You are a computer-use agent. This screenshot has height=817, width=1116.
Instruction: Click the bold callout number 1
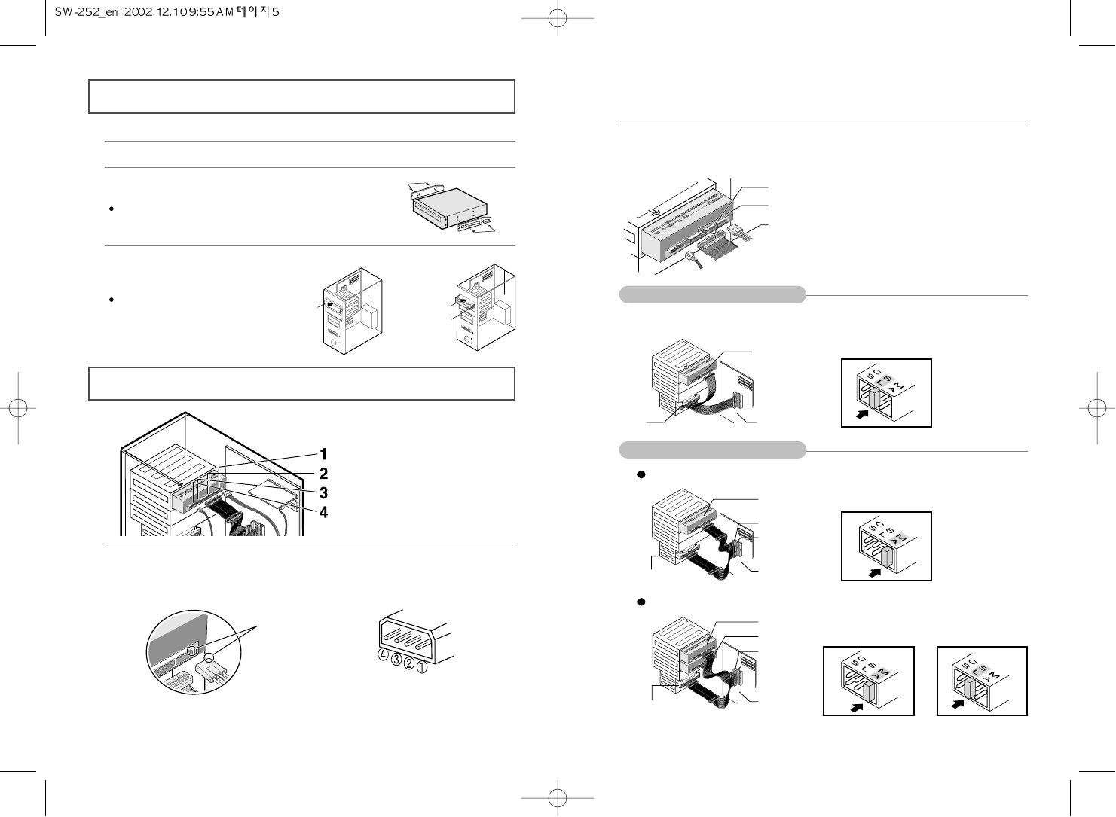[323, 454]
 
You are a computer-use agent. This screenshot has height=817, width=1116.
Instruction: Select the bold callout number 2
[323, 474]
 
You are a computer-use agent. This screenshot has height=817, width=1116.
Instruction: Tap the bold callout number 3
[323, 493]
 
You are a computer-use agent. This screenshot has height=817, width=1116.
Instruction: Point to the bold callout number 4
[323, 513]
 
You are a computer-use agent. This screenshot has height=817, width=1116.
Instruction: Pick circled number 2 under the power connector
[409, 664]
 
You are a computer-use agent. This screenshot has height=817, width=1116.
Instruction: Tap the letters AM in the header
[225, 13]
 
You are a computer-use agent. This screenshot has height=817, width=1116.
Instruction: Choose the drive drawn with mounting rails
[449, 206]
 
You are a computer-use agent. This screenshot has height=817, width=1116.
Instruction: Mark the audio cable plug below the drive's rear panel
[689, 258]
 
